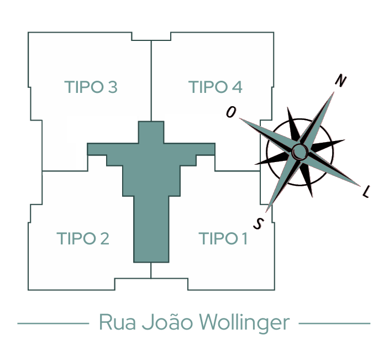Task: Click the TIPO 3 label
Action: point(91,87)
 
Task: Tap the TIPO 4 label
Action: point(215,87)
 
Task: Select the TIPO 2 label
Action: point(83,239)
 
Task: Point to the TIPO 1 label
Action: point(223,239)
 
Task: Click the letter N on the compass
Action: point(341,81)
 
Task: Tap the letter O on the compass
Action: point(231,112)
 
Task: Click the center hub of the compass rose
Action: point(299,150)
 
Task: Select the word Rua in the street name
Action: point(115,322)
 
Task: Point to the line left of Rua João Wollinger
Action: point(53,323)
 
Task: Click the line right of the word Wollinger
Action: point(334,323)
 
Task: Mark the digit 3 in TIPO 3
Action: point(113,87)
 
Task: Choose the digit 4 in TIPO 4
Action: point(237,87)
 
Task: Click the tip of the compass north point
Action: point(335,91)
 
